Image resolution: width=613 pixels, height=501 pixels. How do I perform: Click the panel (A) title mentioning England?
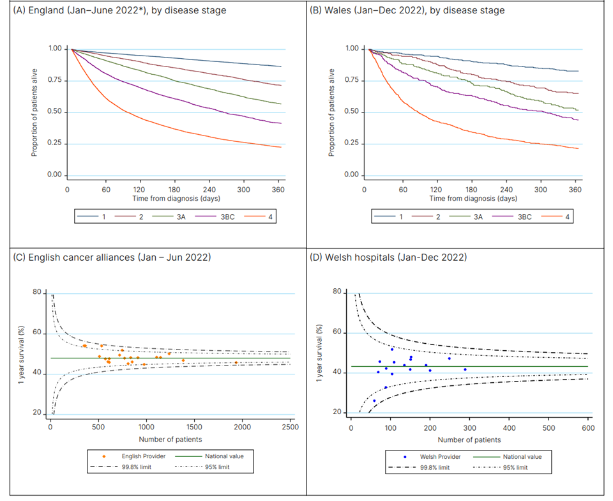coord(115,10)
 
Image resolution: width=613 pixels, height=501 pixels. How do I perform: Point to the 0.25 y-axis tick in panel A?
coord(56,144)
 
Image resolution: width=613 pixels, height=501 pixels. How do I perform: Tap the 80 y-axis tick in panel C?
coord(37,293)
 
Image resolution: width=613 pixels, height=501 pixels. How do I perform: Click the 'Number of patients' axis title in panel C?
coord(169,439)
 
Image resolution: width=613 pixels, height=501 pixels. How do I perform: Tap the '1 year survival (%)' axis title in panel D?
coord(321,353)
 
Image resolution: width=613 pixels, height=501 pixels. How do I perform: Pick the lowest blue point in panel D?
coord(374,401)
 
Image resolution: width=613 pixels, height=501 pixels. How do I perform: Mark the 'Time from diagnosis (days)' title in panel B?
coord(473,199)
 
